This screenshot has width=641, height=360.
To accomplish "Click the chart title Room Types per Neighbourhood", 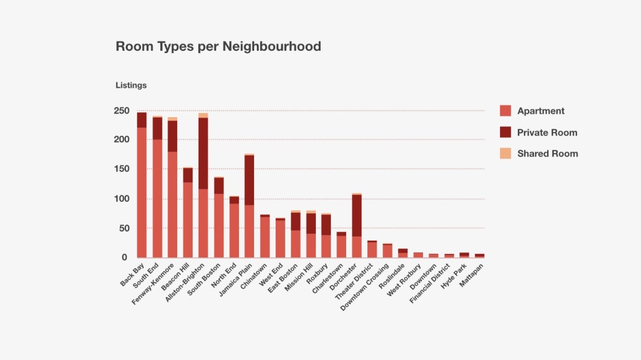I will pyautogui.click(x=218, y=47).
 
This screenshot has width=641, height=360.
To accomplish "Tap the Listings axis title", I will pyautogui.click(x=131, y=86).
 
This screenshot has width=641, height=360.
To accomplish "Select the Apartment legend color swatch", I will pyautogui.click(x=505, y=111).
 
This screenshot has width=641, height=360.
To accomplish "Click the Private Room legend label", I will pyautogui.click(x=547, y=132).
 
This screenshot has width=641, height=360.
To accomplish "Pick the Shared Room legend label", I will pyautogui.click(x=547, y=154).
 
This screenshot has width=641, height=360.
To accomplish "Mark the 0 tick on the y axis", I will pyautogui.click(x=124, y=257).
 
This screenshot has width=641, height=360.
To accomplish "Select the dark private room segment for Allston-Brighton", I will pyautogui.click(x=203, y=153).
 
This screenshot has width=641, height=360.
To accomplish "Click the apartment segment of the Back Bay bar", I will pyautogui.click(x=142, y=192).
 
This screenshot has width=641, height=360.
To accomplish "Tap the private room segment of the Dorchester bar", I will pyautogui.click(x=357, y=216).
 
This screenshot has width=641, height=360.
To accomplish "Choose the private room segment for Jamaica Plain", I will pyautogui.click(x=249, y=180).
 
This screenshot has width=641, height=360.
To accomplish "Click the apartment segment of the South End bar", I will pyautogui.click(x=157, y=198).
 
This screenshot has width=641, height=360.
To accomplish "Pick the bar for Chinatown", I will pyautogui.click(x=265, y=237).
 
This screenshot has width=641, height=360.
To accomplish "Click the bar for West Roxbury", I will pyautogui.click(x=418, y=255).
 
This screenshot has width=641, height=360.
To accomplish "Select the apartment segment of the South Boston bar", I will pyautogui.click(x=219, y=225).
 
